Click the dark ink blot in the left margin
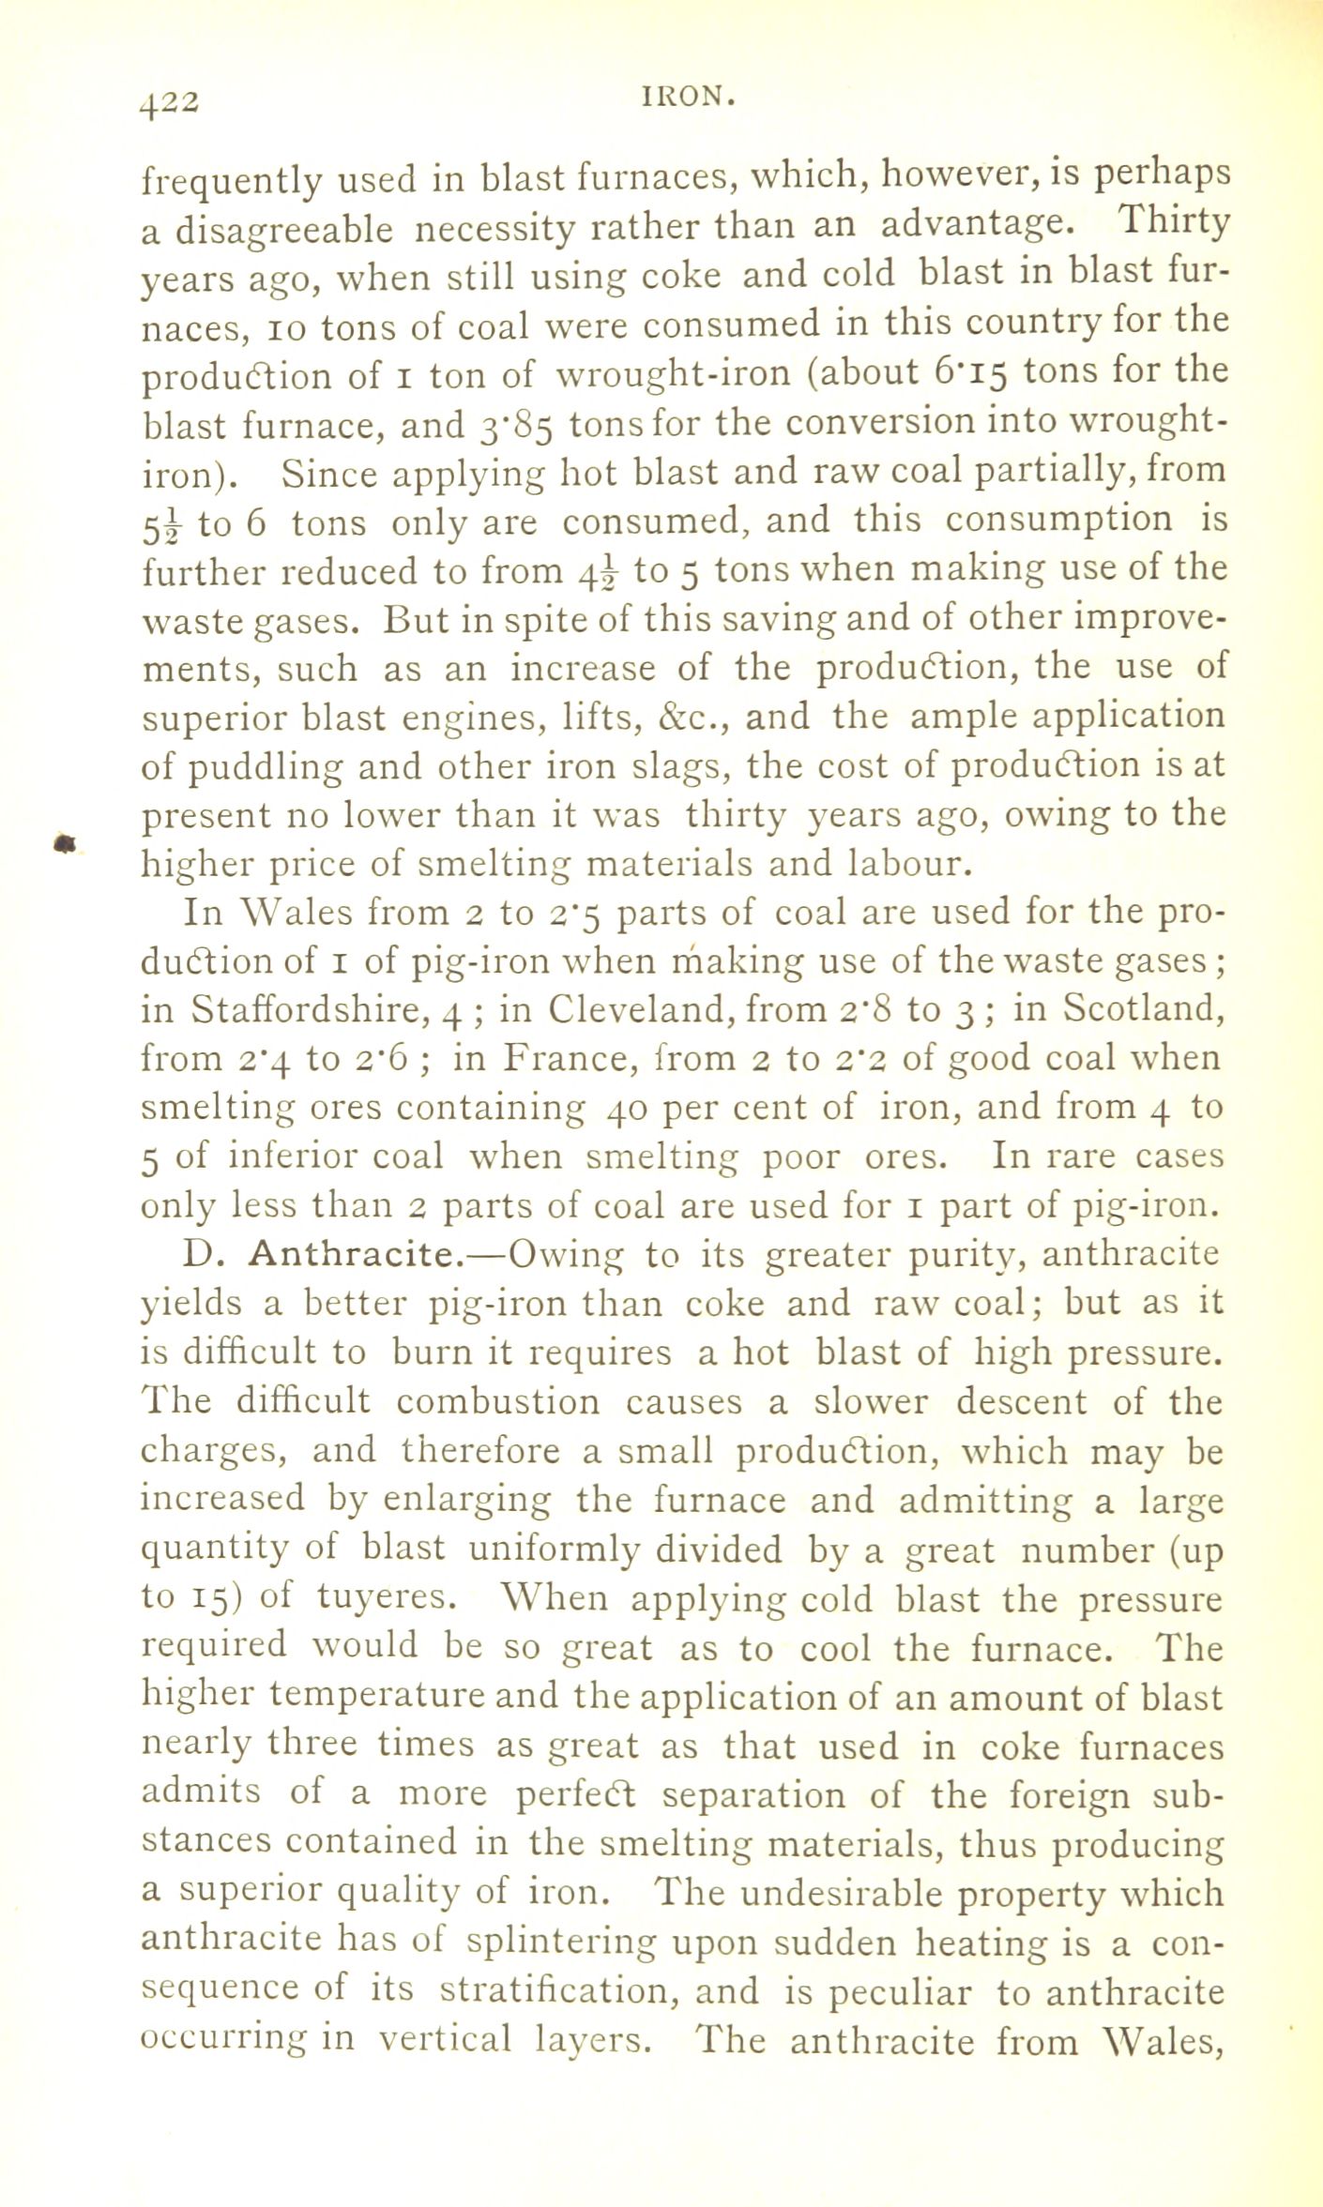(64, 844)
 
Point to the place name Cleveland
(631, 1009)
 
